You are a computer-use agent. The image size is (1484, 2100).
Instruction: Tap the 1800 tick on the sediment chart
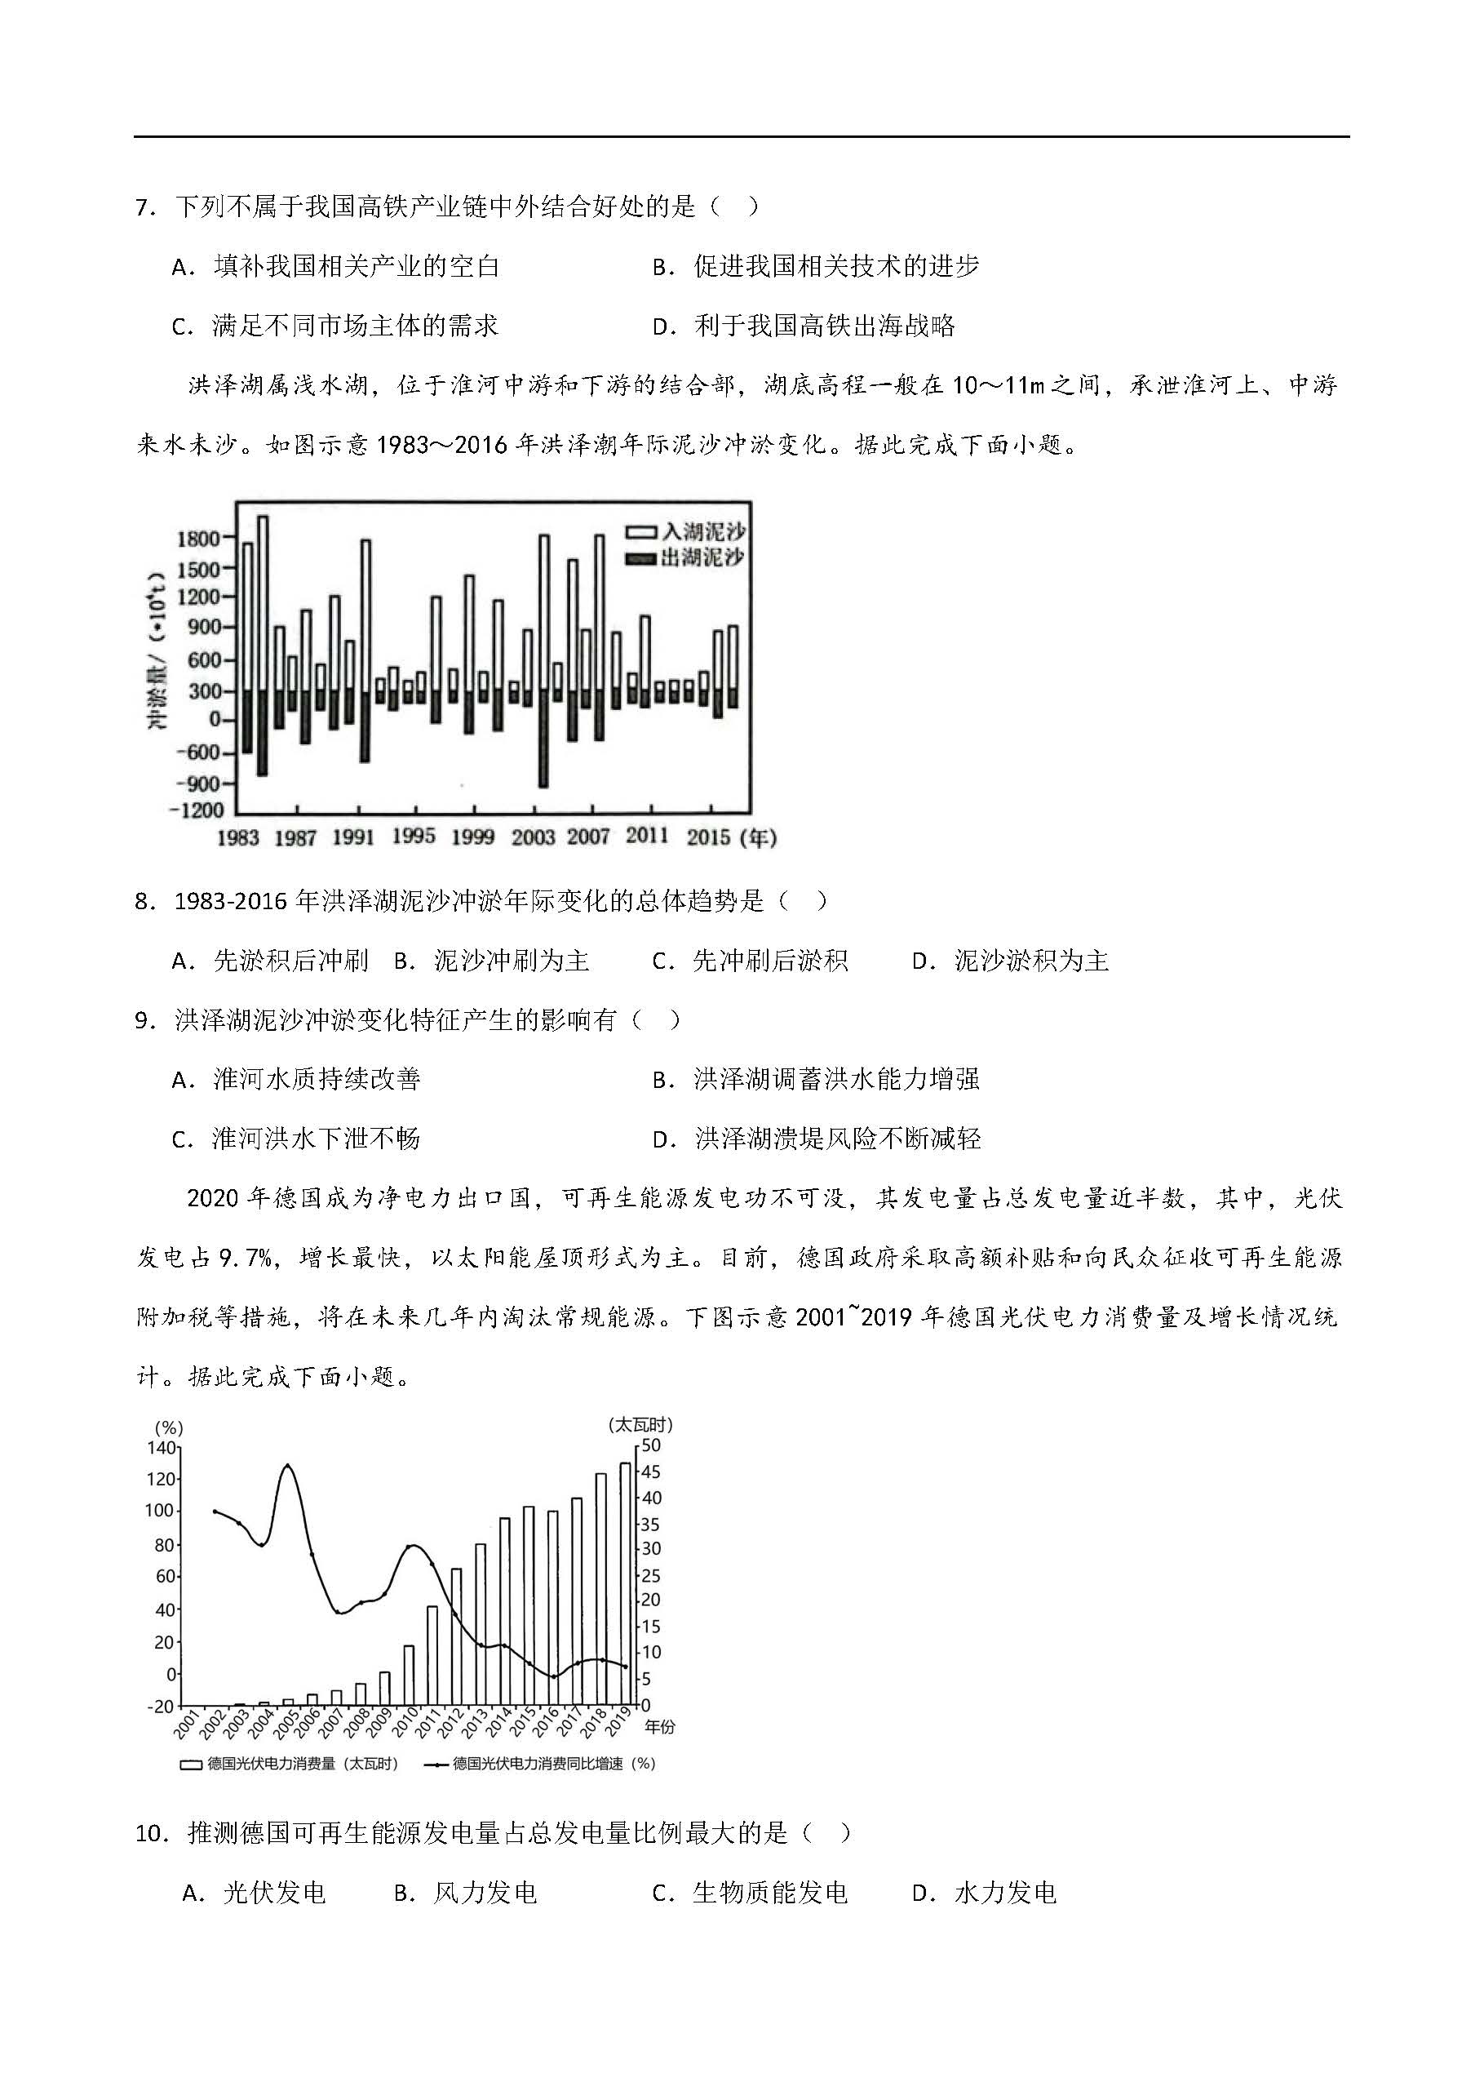click(198, 538)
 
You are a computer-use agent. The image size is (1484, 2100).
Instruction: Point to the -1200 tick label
click(197, 810)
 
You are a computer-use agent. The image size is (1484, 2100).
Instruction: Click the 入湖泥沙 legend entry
click(686, 531)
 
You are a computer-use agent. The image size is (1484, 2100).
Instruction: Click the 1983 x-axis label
click(237, 837)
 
